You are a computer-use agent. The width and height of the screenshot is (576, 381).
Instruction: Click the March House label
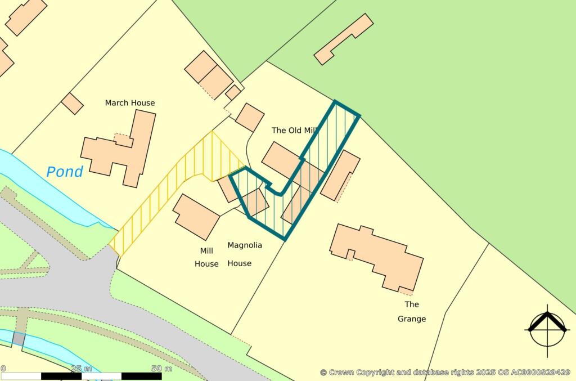[130, 103]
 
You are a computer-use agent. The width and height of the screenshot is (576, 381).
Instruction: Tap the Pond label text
[64, 172]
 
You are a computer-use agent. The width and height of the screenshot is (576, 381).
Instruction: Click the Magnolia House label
[245, 254]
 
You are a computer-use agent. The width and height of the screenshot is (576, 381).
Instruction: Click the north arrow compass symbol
[546, 329]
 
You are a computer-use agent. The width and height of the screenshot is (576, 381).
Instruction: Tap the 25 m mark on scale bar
[82, 369]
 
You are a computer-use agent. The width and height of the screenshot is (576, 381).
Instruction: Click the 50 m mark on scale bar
[162, 369]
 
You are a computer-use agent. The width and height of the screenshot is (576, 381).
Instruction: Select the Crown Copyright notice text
[445, 372]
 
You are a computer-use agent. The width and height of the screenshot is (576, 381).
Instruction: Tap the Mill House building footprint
[196, 216]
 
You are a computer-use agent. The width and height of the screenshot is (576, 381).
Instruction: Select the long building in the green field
[343, 39]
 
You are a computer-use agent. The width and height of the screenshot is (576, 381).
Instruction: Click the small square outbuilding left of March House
[72, 103]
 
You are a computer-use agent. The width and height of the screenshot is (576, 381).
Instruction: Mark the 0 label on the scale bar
[3, 369]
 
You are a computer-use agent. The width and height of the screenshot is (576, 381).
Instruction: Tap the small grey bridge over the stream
[19, 339]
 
